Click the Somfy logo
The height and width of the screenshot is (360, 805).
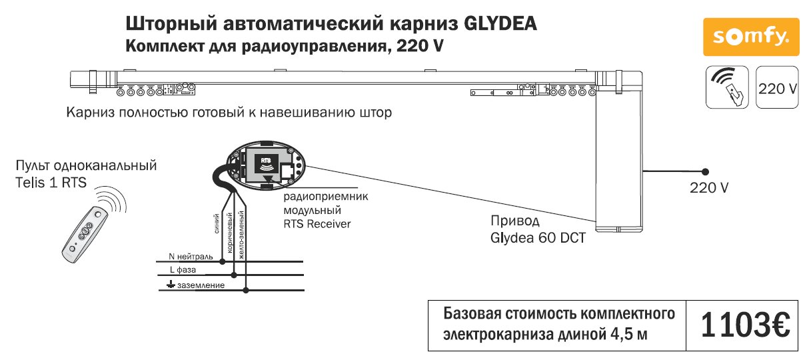pyautogui.click(x=750, y=37)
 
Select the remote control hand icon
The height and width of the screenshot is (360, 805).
pyautogui.click(x=728, y=87)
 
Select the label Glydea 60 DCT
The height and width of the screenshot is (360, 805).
pyautogui.click(x=538, y=237)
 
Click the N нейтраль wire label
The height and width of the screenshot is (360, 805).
pyautogui.click(x=191, y=257)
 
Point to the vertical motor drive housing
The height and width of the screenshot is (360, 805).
pyautogui.click(x=620, y=160)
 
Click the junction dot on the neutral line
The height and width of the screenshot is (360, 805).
pyautogui.click(x=223, y=262)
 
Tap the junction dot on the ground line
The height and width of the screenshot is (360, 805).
pyautogui.click(x=247, y=290)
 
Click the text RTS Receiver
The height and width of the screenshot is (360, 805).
pyautogui.click(x=317, y=224)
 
